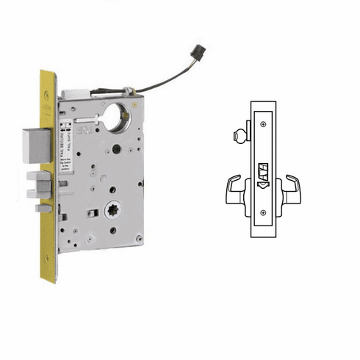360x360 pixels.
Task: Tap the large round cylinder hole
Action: click(x=117, y=118)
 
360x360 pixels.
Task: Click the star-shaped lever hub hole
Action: click(x=115, y=210)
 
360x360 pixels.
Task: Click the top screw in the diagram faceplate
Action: click(x=263, y=125)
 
